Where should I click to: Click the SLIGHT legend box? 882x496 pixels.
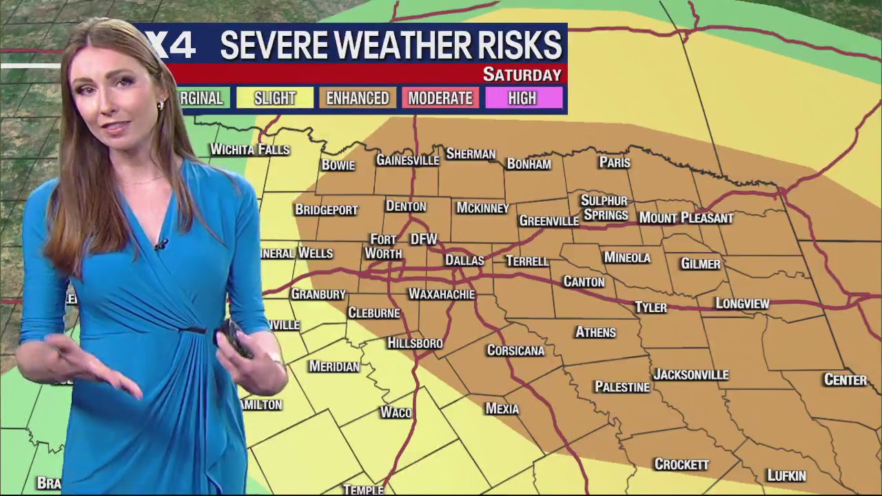click(275, 99)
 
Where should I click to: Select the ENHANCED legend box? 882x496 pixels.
click(357, 99)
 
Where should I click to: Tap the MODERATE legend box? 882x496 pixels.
click(440, 99)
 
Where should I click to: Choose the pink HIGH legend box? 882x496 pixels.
click(522, 99)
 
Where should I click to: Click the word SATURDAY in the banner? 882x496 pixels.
click(522, 74)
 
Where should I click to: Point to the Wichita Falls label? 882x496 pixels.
click(249, 149)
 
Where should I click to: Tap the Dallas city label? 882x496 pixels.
click(464, 260)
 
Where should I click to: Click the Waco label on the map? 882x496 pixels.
click(396, 413)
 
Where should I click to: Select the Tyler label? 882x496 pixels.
click(650, 307)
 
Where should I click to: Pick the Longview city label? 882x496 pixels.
click(742, 303)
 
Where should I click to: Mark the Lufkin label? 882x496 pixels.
click(786, 475)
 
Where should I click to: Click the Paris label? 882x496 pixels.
click(615, 163)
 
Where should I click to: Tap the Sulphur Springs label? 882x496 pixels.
click(604, 207)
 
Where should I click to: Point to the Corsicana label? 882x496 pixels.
click(515, 351)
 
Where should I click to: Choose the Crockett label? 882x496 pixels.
click(681, 464)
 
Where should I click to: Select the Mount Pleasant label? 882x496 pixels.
click(686, 218)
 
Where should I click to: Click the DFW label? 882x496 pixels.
click(424, 239)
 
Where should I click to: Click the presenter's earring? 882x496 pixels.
click(161, 105)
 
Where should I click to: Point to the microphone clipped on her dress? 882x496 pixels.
click(161, 244)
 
